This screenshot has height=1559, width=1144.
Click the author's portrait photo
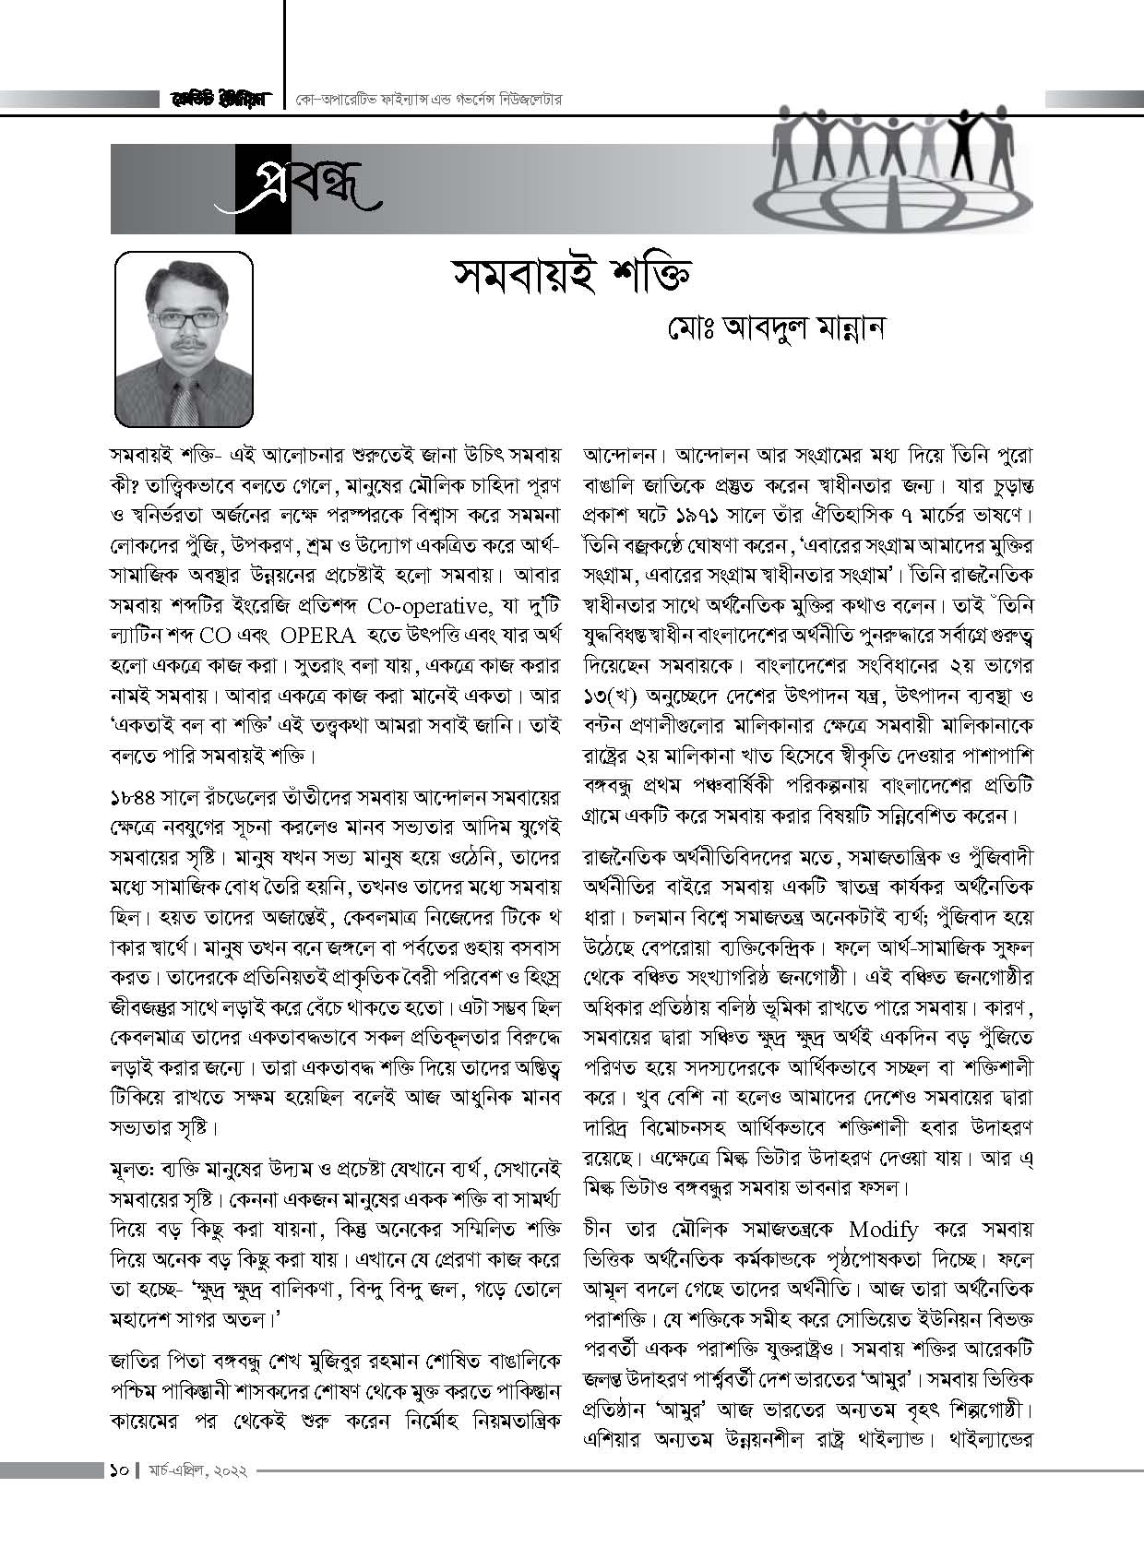pos(184,338)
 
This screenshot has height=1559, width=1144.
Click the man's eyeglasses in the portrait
pos(187,319)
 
